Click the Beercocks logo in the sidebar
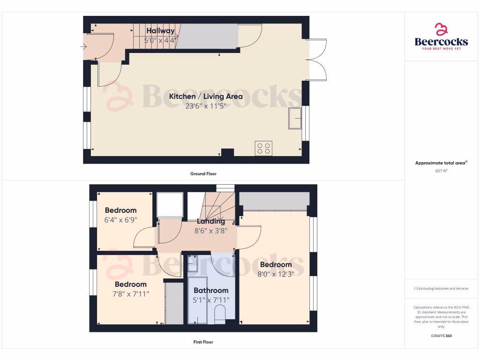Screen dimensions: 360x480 (x=441, y=37)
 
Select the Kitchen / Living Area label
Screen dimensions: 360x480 (x=206, y=97)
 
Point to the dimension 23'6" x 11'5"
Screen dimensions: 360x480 (x=206, y=106)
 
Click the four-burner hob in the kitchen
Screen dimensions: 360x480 (x=263, y=149)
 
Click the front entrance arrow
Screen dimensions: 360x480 (x=83, y=46)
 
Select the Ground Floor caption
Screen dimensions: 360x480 (x=203, y=174)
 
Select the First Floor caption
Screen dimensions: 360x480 (x=203, y=342)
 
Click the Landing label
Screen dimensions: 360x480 (x=211, y=221)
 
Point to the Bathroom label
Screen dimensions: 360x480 (x=211, y=290)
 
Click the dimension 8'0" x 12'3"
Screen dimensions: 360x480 (x=276, y=274)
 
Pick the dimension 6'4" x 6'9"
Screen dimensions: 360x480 (x=120, y=220)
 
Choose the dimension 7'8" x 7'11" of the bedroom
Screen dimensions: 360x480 (x=130, y=294)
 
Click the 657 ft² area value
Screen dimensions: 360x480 (x=441, y=171)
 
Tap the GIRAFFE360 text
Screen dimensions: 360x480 (x=441, y=336)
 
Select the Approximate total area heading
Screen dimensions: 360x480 (x=441, y=163)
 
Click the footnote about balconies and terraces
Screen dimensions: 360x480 (x=441, y=289)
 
